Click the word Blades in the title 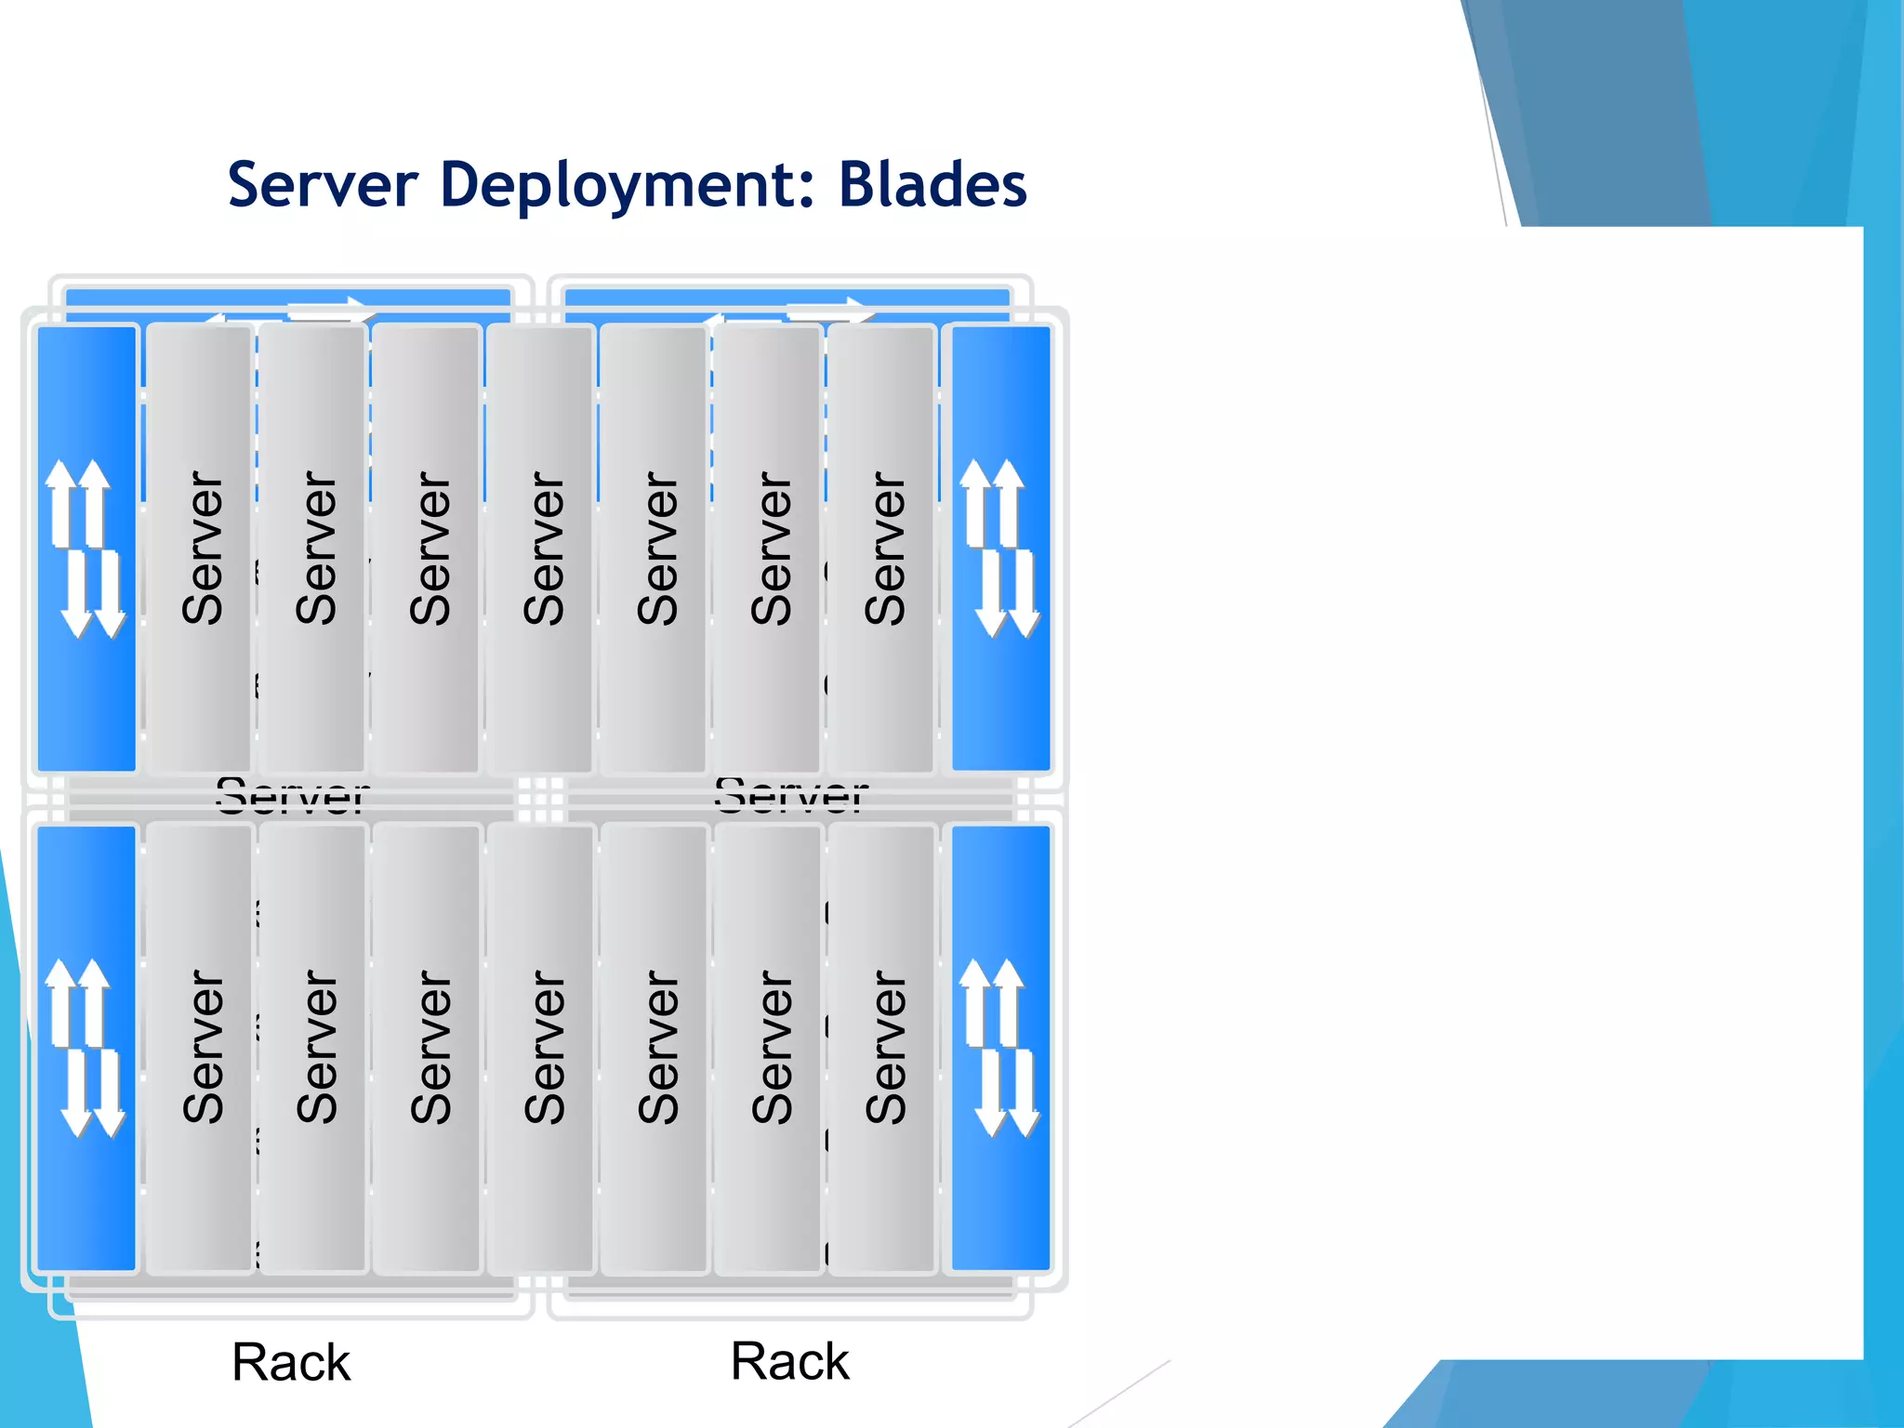[932, 184]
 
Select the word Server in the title [323, 184]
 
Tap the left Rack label [291, 1362]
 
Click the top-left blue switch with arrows [86, 549]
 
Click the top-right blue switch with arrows [1000, 549]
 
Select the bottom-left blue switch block [86, 1048]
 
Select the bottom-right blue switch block [1000, 1048]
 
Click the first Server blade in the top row [201, 549]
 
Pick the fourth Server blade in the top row [542, 549]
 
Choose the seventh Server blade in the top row [882, 549]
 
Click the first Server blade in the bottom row [201, 1048]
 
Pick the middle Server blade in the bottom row [542, 1048]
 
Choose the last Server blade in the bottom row [882, 1048]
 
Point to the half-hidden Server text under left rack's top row [292, 797]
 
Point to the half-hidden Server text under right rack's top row [791, 797]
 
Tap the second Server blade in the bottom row [314, 1048]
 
